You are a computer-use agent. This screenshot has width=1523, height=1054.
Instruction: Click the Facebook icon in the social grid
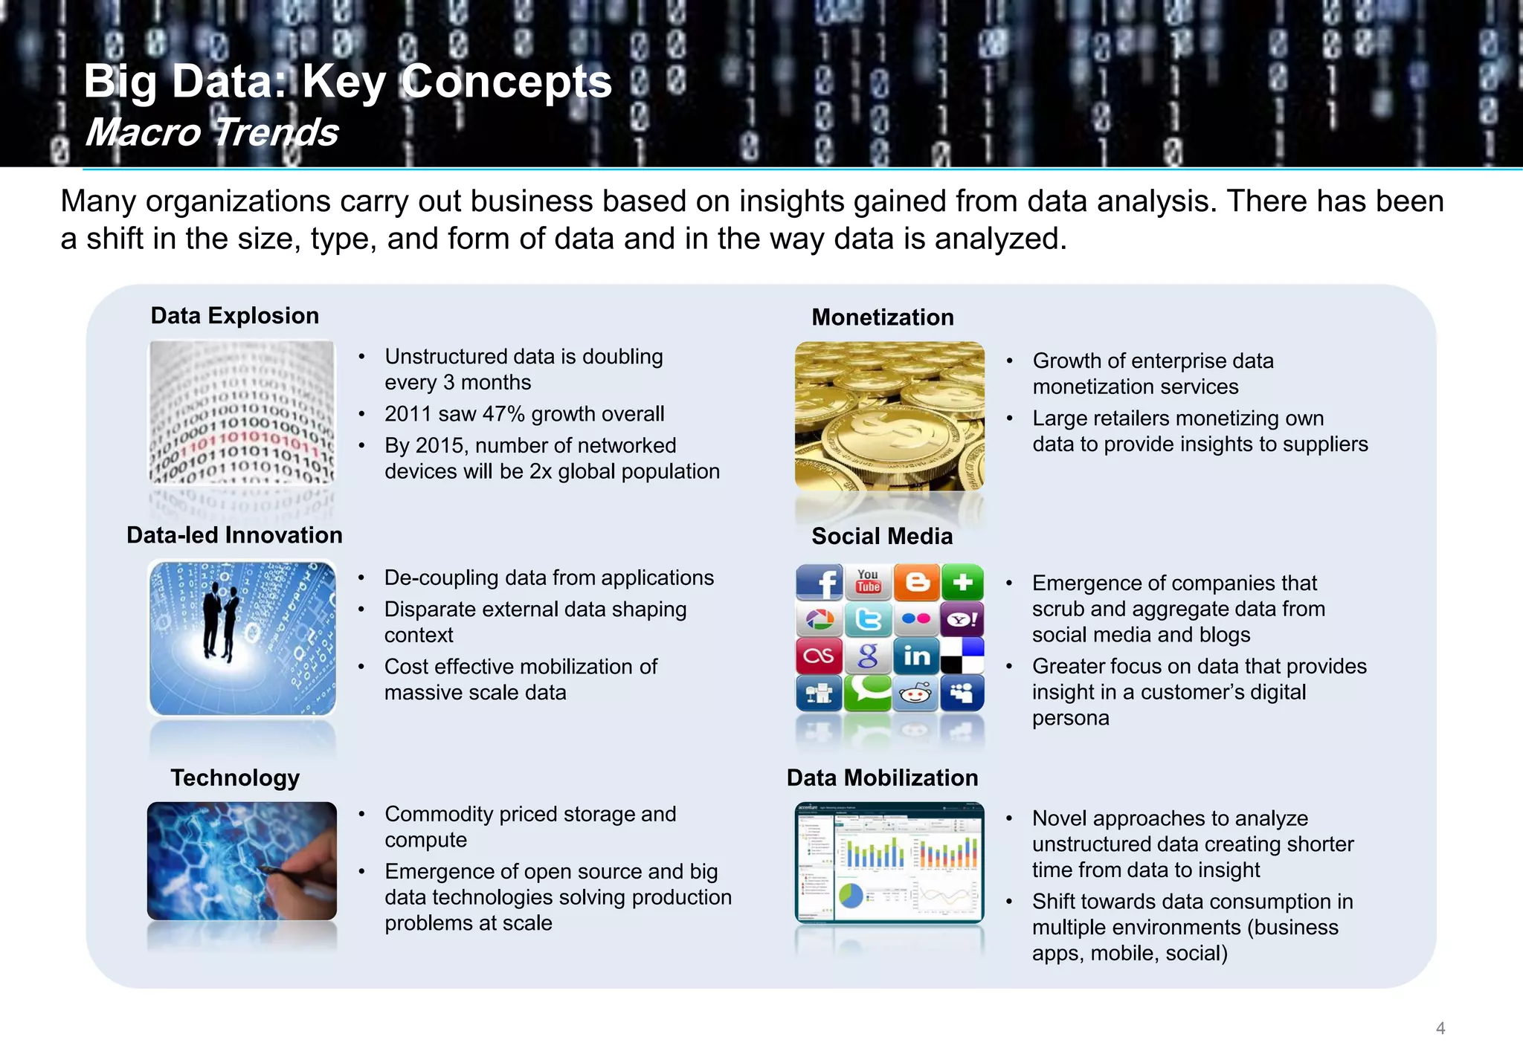819,582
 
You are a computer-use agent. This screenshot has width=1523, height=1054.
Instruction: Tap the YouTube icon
868,581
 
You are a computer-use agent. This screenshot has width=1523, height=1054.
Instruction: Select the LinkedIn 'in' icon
916,656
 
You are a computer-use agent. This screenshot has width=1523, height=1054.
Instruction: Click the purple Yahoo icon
962,619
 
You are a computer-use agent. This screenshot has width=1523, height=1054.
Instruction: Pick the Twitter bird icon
868,619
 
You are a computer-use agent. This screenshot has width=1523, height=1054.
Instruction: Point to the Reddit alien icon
915,693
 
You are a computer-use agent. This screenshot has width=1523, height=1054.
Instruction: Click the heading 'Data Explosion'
234,316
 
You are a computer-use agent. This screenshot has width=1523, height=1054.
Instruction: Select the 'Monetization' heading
882,317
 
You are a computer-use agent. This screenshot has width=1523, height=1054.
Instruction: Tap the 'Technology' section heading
235,777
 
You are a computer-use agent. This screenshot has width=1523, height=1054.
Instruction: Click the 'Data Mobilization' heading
882,777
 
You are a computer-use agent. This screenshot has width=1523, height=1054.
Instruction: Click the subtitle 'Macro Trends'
212,132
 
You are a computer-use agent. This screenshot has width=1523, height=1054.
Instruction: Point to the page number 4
1440,1028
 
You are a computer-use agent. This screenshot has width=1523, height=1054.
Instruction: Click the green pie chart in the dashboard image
851,895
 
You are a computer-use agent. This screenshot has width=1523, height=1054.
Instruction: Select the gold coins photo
889,416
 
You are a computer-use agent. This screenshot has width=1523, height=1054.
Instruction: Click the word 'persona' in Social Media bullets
1070,718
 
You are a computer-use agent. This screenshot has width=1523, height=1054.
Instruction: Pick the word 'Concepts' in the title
506,81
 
